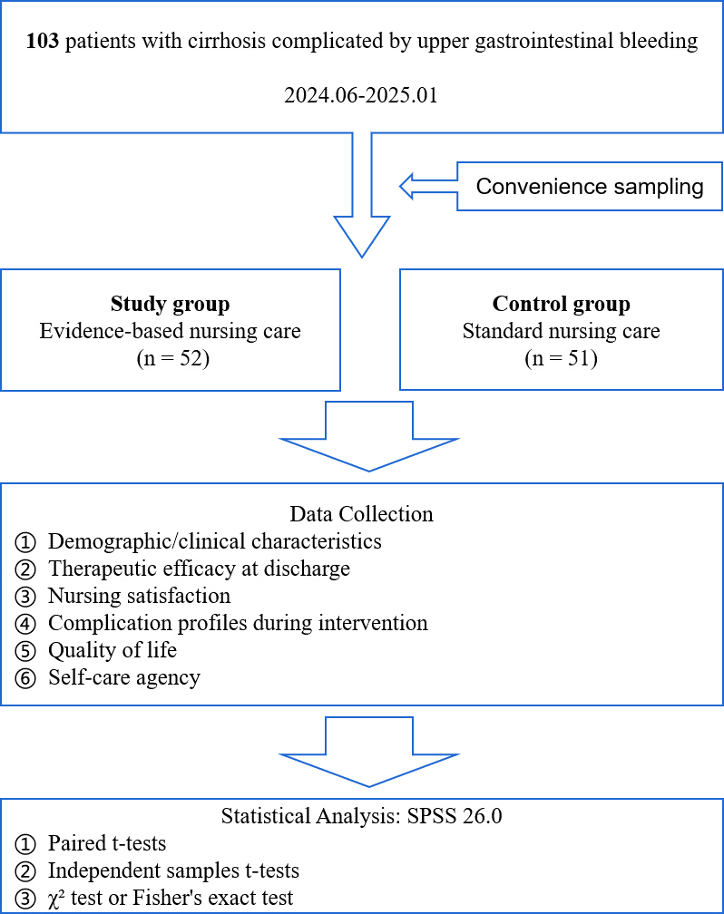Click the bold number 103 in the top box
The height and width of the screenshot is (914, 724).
tap(43, 41)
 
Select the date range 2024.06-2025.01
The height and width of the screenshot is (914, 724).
tap(361, 95)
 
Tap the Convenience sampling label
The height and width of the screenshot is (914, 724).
tap(589, 187)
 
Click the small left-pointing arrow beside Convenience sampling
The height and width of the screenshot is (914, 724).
tap(428, 187)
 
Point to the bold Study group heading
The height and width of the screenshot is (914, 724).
tap(171, 304)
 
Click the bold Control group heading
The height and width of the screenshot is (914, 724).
tap(562, 304)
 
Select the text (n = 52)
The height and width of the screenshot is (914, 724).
tap(173, 358)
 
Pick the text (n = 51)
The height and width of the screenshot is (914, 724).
tap(562, 358)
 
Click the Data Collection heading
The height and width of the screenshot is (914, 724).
tap(362, 514)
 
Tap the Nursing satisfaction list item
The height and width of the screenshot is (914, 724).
tap(140, 596)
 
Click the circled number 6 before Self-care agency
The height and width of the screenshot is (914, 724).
tap(25, 678)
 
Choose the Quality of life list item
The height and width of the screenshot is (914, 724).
tap(113, 650)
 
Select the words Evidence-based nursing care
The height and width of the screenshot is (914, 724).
tap(171, 330)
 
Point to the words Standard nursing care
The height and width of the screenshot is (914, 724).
tap(562, 330)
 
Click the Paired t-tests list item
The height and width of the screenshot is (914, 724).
tap(107, 843)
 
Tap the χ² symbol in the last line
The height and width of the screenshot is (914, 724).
tap(56, 898)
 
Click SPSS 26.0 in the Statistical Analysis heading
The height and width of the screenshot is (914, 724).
tap(455, 816)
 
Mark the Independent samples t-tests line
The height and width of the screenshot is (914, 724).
tap(174, 870)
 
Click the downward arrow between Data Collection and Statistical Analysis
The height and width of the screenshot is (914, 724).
tap(369, 752)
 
